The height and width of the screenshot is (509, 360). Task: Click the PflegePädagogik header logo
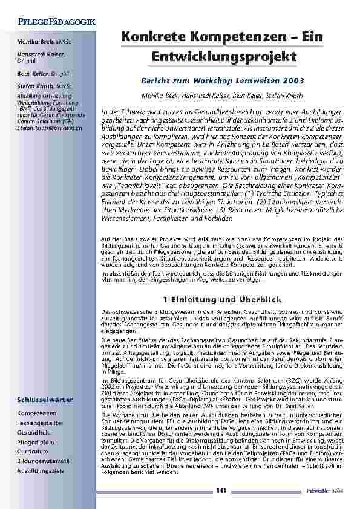tap(51, 22)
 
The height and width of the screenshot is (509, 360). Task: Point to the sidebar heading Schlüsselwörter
tap(46, 400)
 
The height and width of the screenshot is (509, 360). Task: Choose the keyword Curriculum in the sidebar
tap(33, 451)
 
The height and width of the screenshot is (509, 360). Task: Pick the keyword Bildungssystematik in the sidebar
tap(40, 460)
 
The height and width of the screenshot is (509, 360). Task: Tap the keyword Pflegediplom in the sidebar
tap(35, 443)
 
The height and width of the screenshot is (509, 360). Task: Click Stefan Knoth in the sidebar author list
tap(33, 87)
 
